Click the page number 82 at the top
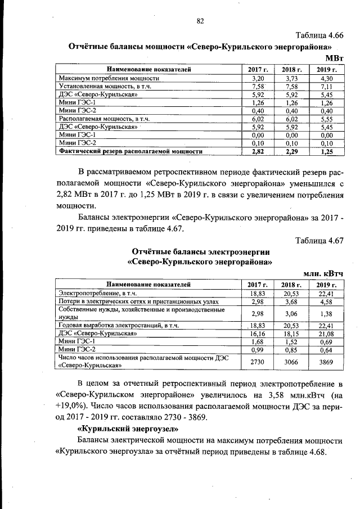(200, 21)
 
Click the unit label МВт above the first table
(334, 58)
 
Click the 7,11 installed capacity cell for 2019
(326, 87)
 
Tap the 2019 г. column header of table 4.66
(326, 69)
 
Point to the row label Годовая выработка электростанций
(119, 325)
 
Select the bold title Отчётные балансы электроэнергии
(201, 251)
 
